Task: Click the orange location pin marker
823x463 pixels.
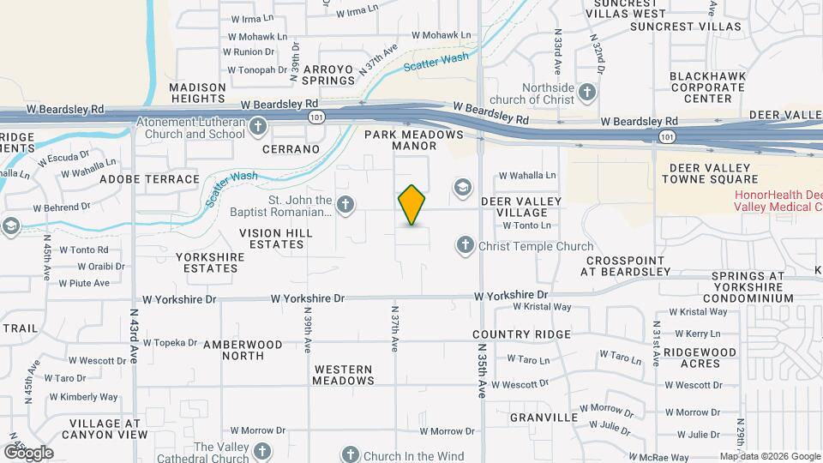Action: tap(411, 205)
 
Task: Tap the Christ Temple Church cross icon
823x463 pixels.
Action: tap(465, 246)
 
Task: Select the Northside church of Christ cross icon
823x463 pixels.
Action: tap(587, 92)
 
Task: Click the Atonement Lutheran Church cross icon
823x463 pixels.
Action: tap(257, 128)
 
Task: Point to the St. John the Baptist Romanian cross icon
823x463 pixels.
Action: tap(345, 204)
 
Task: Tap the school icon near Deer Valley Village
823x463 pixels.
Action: tap(463, 188)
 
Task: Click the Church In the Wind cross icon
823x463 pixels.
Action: tap(350, 455)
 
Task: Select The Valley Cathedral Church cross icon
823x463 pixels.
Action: tap(262, 451)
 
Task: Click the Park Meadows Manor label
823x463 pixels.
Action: tap(414, 141)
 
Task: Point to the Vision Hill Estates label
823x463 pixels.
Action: tap(272, 238)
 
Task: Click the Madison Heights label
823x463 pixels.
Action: tap(197, 93)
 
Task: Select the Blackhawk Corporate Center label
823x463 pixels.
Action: tap(701, 87)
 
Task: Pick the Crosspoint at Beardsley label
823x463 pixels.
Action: tap(625, 266)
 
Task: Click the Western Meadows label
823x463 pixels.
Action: tap(343, 375)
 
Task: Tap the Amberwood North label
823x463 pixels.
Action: tap(243, 350)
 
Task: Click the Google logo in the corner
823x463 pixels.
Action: tap(27, 452)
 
